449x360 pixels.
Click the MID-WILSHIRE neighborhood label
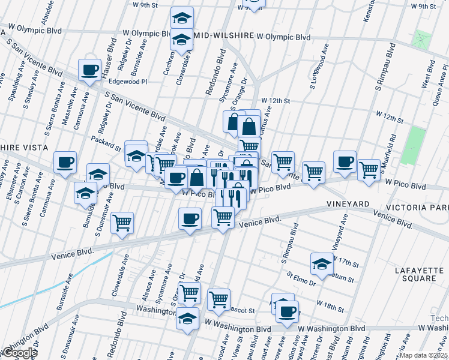coord(223,37)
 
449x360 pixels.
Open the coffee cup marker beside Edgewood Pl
coord(89,70)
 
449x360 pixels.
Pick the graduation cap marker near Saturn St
coord(322,263)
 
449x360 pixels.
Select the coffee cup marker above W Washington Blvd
coord(288,311)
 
